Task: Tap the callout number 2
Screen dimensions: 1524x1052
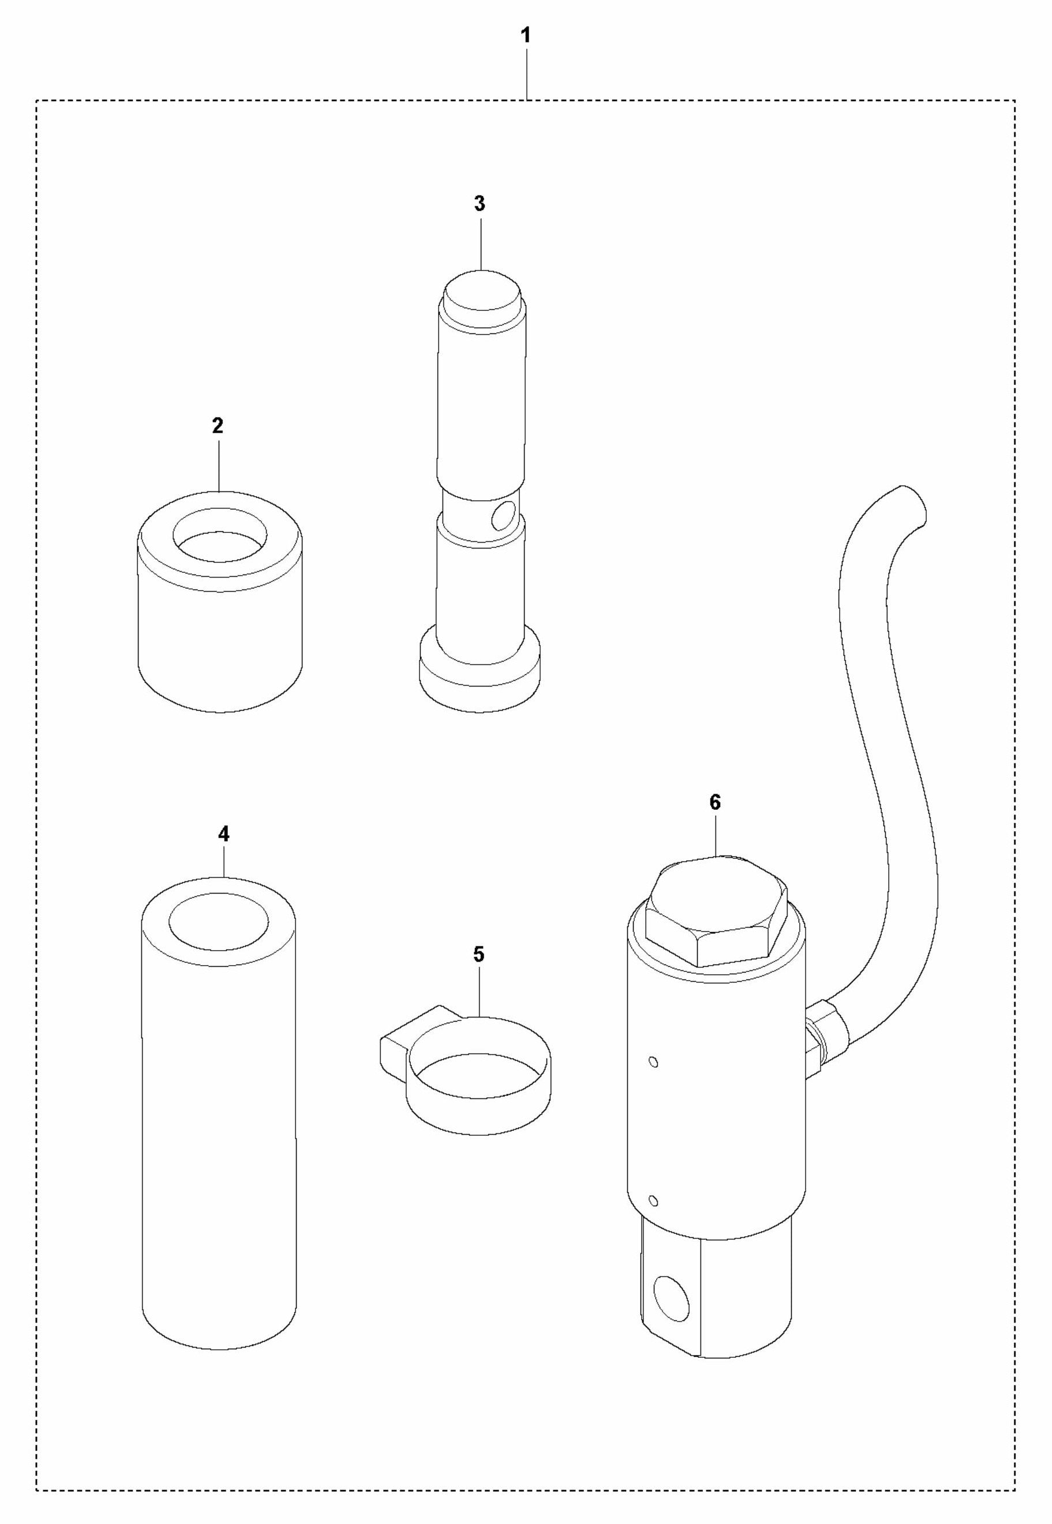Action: pyautogui.click(x=218, y=426)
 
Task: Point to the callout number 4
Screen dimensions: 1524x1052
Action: pyautogui.click(x=223, y=834)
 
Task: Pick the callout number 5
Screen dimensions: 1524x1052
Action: pyautogui.click(x=478, y=954)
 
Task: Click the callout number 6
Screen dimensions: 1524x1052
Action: pyautogui.click(x=715, y=802)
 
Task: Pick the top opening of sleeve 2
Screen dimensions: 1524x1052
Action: pyautogui.click(x=220, y=535)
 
